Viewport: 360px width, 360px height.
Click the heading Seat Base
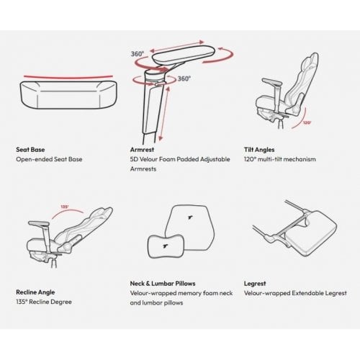[30, 150]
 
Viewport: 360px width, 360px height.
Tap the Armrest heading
[142, 150]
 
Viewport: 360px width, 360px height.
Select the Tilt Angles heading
[259, 150]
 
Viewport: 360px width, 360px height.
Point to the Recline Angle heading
[35, 292]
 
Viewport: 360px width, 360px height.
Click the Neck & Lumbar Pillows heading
[163, 284]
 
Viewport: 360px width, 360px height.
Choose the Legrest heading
[255, 284]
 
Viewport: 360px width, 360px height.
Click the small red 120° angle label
[307, 122]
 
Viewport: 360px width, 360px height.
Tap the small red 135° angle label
[65, 207]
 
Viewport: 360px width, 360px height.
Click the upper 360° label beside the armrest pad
[138, 54]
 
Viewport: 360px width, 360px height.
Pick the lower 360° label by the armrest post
[184, 78]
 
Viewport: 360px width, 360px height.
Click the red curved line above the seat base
[68, 77]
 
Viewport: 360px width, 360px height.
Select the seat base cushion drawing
[68, 95]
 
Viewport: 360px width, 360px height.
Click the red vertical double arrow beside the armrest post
[165, 114]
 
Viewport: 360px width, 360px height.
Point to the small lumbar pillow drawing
[166, 246]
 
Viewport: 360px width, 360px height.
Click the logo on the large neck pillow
[190, 217]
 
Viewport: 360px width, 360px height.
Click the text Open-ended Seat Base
[49, 159]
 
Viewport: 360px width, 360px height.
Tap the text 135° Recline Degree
[44, 302]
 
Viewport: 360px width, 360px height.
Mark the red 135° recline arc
[67, 211]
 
